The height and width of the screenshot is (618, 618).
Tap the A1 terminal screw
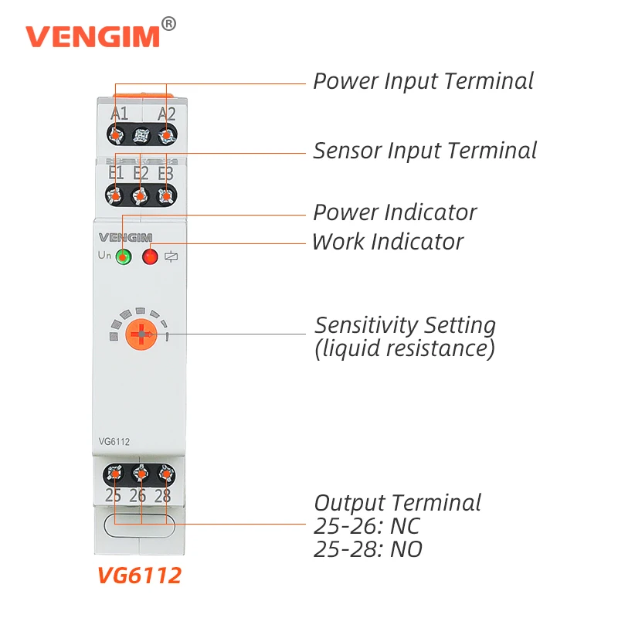click(116, 136)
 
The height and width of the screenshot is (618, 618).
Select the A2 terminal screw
click(165, 136)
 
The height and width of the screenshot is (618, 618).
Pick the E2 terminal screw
click(140, 196)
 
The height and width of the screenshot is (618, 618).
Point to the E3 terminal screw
click(165, 196)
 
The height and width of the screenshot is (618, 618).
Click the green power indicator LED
click(123, 257)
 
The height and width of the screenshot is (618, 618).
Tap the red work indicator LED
click(150, 257)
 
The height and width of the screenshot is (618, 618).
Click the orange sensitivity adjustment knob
click(141, 334)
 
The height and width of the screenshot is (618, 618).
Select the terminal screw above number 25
click(114, 474)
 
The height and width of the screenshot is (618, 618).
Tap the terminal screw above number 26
click(140, 474)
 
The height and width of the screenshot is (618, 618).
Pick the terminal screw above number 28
click(165, 474)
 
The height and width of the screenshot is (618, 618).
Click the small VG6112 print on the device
click(114, 442)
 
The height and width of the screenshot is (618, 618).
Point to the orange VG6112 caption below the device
click(139, 576)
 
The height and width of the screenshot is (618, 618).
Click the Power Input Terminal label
click(423, 81)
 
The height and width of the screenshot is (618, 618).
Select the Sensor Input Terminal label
click(424, 150)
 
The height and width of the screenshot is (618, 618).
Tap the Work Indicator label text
click(387, 242)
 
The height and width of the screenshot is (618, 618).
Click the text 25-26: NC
click(367, 526)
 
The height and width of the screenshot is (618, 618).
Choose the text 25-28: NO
click(368, 549)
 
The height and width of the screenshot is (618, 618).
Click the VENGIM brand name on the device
click(126, 237)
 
